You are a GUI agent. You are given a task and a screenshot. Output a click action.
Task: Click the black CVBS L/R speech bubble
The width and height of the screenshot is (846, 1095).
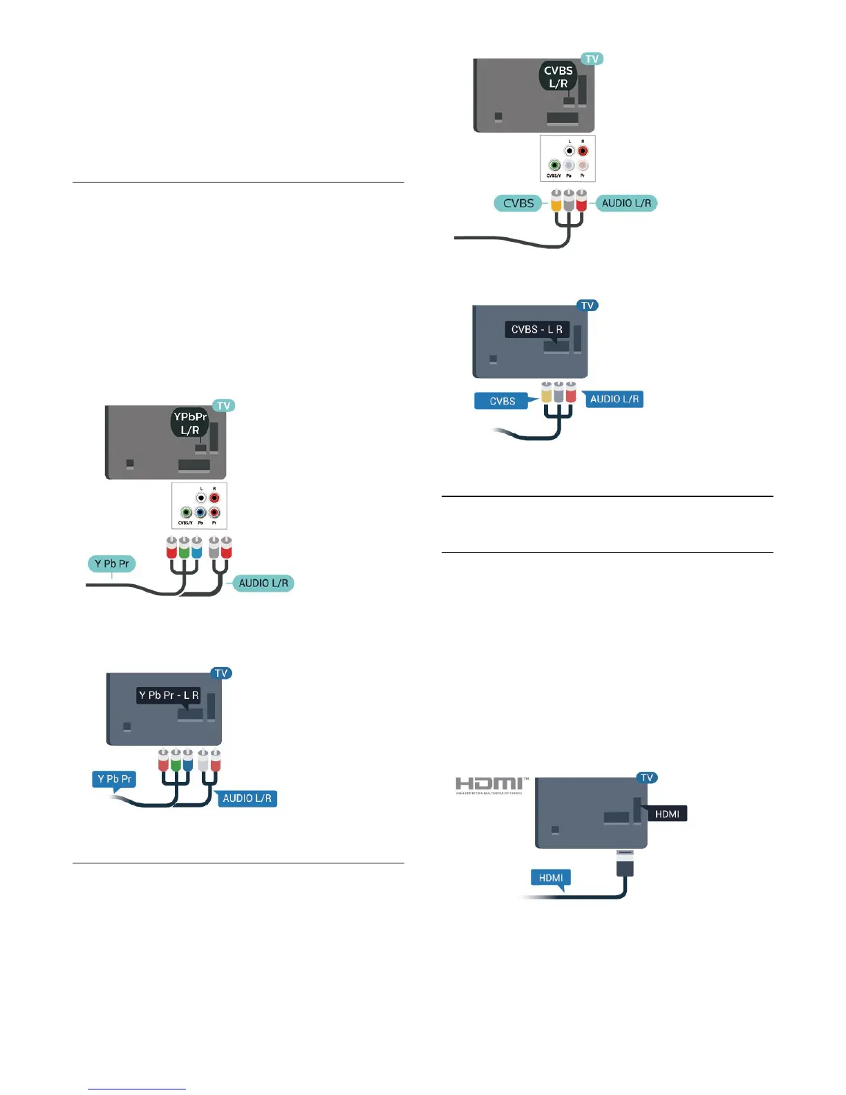pyautogui.click(x=558, y=77)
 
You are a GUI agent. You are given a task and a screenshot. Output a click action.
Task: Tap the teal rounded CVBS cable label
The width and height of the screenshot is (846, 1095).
pyautogui.click(x=518, y=203)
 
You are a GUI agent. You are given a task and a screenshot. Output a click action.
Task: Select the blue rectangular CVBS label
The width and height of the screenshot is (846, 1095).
pyautogui.click(x=502, y=401)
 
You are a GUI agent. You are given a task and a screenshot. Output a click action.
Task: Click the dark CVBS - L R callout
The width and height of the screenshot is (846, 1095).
pyautogui.click(x=537, y=330)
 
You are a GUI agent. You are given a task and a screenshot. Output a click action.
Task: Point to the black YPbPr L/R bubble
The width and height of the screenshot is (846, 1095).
pyautogui.click(x=190, y=423)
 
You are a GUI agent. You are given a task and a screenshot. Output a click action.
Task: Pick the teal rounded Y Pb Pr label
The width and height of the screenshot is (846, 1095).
pyautogui.click(x=111, y=563)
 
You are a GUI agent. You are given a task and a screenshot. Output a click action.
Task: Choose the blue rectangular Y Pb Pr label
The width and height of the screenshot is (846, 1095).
pyautogui.click(x=114, y=779)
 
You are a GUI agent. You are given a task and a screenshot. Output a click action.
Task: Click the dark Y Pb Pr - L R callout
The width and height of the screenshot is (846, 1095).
pyautogui.click(x=169, y=695)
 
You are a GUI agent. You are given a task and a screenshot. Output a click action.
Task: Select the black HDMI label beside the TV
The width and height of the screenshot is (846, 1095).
pyautogui.click(x=666, y=814)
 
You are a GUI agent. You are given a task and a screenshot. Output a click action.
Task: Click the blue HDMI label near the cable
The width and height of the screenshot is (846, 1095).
pyautogui.click(x=551, y=878)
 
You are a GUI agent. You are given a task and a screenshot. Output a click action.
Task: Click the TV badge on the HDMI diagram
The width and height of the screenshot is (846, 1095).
pyautogui.click(x=647, y=778)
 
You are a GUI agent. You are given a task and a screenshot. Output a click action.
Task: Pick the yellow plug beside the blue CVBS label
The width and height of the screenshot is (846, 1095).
pyautogui.click(x=546, y=393)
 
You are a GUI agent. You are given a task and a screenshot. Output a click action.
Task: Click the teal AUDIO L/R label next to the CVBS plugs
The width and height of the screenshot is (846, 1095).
pyautogui.click(x=626, y=203)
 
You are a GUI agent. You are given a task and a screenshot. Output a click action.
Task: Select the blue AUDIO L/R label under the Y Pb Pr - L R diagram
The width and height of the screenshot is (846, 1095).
pyautogui.click(x=247, y=798)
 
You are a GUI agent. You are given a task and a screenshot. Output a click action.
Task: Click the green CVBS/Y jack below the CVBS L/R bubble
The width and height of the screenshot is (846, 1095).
pyautogui.click(x=554, y=166)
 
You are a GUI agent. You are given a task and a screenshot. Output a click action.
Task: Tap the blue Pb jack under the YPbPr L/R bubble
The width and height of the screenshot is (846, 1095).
pyautogui.click(x=200, y=513)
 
